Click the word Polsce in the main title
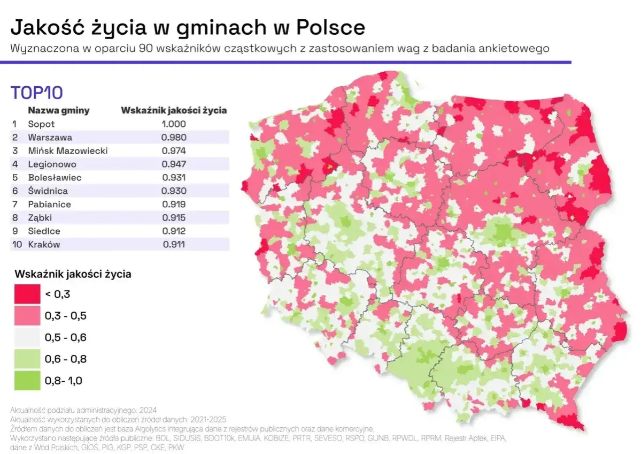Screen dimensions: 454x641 pos(330,27)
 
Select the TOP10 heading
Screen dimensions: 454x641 pos(37,93)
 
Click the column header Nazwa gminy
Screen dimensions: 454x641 pos(59,111)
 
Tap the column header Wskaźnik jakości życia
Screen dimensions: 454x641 pos(174,111)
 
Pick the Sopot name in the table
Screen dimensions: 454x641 pos(41,124)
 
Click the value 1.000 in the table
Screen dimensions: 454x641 pos(174,124)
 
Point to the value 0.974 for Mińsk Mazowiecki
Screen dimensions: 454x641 pos(174,151)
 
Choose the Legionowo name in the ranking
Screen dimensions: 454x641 pos(52,164)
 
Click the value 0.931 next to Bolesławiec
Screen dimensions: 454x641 pos(174,178)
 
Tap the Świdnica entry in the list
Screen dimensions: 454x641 pos(48,191)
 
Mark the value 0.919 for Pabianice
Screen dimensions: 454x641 pos(174,205)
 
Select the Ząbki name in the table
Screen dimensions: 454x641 pos(40,218)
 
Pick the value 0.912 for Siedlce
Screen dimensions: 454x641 pos(174,231)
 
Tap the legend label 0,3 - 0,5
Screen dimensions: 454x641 pos(66,316)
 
